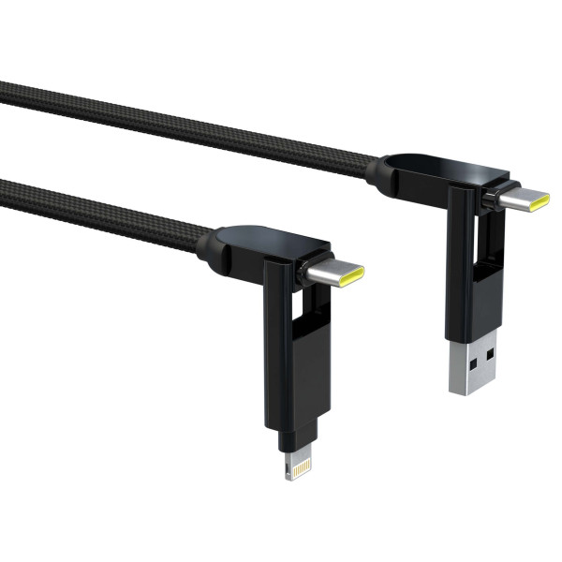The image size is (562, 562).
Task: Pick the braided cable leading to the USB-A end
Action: (x=187, y=122)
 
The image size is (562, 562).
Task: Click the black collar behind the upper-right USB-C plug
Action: (x=490, y=197)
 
